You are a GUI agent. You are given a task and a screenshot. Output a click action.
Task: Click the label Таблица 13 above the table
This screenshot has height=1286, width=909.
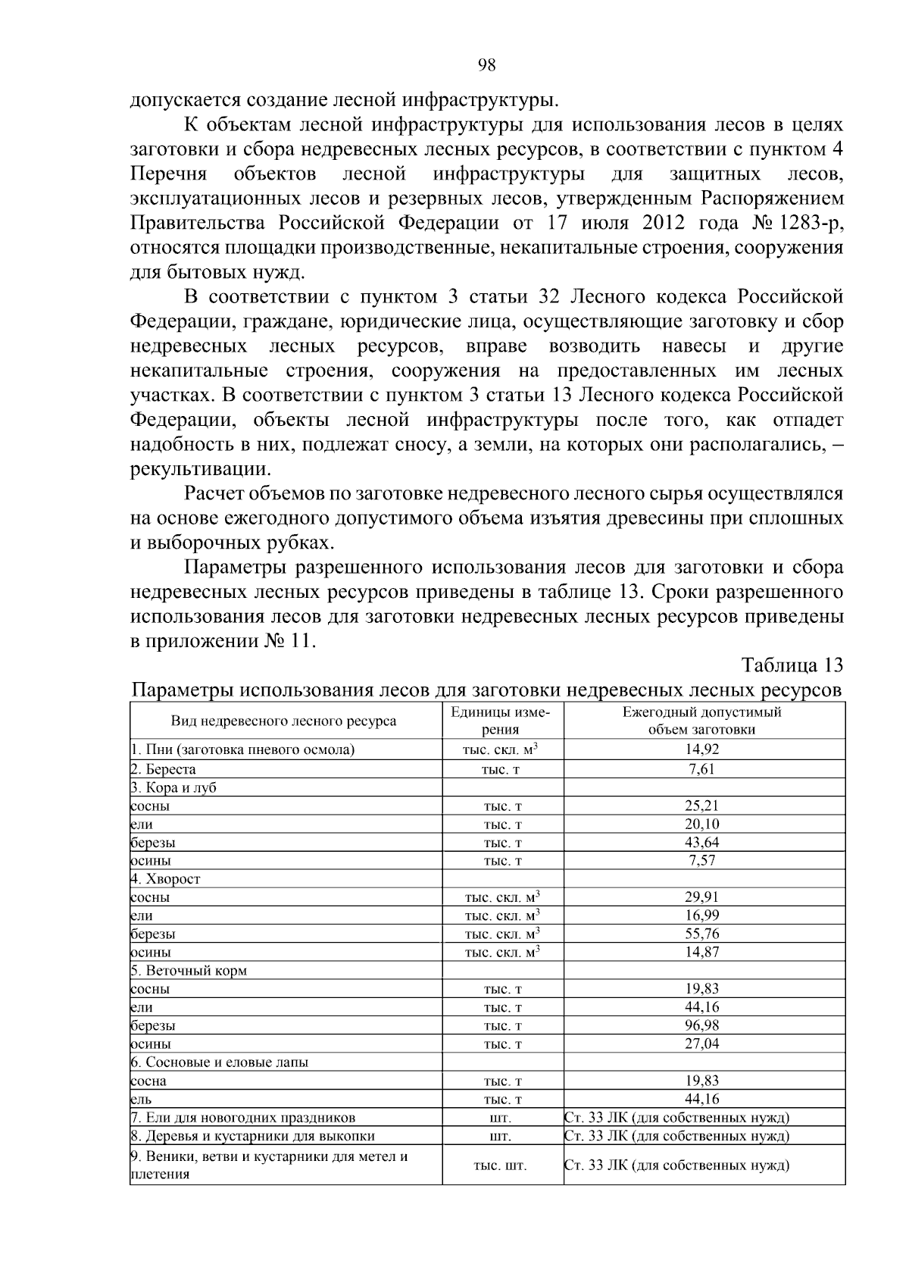(792, 665)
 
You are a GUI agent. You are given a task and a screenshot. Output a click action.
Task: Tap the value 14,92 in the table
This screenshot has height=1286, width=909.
(702, 749)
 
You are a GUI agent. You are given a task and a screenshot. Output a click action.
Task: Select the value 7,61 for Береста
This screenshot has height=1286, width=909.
(702, 769)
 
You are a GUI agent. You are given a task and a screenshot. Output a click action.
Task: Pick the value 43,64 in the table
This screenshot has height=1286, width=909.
(702, 843)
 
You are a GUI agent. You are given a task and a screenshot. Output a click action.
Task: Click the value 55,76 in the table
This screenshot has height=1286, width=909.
(702, 934)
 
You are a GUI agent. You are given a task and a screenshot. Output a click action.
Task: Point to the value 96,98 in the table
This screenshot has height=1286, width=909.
(702, 1025)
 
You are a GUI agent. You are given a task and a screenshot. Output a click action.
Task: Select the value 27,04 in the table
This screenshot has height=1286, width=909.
(702, 1044)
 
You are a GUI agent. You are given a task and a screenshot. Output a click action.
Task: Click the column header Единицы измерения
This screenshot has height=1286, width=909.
(502, 721)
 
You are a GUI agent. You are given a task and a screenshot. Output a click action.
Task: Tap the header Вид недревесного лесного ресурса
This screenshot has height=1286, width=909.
(283, 721)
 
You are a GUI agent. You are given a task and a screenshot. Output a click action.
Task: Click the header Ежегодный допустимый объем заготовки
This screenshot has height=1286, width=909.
(702, 721)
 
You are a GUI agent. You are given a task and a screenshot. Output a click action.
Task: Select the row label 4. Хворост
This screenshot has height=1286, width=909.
(166, 879)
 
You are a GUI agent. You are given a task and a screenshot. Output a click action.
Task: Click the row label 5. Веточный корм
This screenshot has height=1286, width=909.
(189, 971)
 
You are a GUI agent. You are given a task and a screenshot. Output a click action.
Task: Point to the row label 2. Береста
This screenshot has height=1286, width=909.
(163, 769)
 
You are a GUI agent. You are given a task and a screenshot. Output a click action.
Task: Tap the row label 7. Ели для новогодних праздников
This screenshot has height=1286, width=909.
(242, 1118)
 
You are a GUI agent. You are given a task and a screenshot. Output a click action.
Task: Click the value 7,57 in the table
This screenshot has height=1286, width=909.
(702, 861)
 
